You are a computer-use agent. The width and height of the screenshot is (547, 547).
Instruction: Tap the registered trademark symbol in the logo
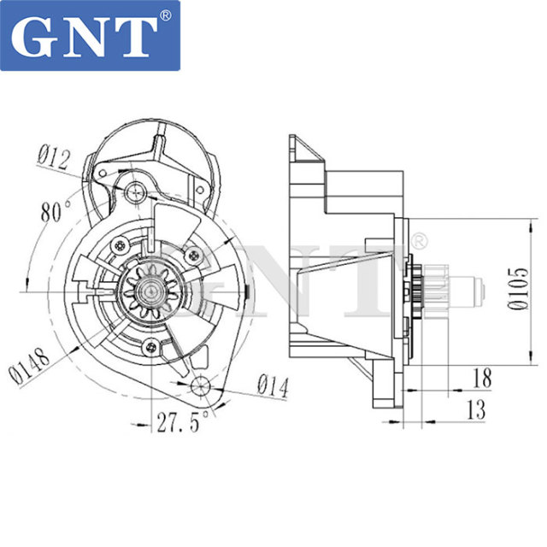[x=166, y=15]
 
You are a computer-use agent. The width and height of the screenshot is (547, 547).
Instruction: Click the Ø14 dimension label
[x=273, y=387]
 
